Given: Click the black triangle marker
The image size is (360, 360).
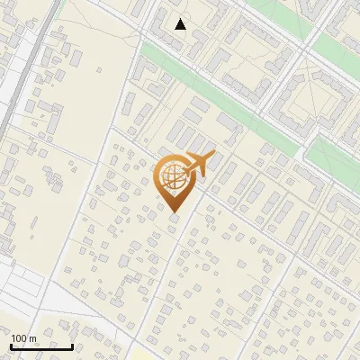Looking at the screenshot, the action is (181, 24).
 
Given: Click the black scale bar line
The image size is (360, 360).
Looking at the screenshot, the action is (41, 346).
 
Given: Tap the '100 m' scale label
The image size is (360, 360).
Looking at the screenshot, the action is (23, 338).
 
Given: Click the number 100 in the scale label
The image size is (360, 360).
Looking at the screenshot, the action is (19, 338).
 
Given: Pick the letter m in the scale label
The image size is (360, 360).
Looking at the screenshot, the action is (32, 338).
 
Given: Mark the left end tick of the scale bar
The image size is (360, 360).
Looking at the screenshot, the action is (11, 345).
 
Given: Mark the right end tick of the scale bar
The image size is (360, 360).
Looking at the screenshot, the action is (73, 345).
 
